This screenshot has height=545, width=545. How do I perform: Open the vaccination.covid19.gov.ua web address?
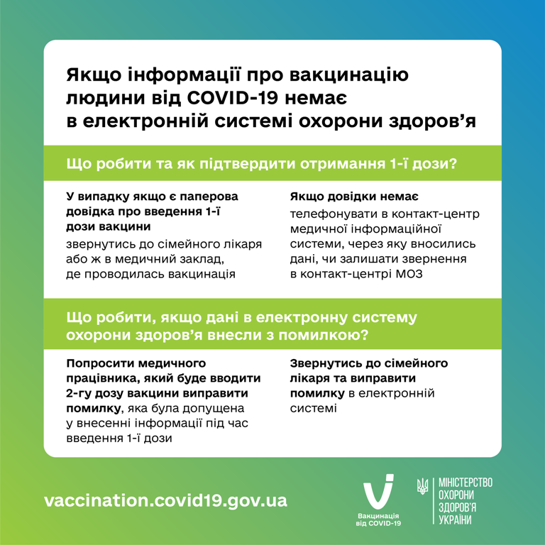coord(166,500)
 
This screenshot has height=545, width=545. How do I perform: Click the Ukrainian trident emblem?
coord(422,486)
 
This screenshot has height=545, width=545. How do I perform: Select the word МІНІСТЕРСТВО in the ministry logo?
coord(466,483)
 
